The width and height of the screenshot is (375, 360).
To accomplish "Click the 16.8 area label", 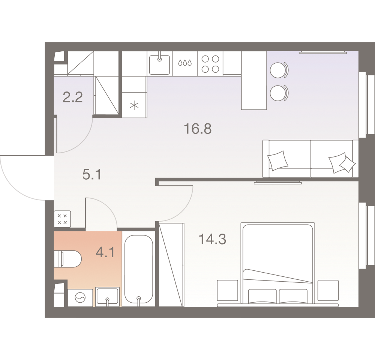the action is point(198,129).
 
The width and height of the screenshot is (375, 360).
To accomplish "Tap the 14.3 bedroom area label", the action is point(212,239).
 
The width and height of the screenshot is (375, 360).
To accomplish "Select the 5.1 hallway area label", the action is point(92,174).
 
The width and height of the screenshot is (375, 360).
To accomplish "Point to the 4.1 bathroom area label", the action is point(105,252).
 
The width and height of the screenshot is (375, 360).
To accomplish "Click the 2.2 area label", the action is point(73,97).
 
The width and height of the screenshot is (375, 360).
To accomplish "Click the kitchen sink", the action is point(159,64).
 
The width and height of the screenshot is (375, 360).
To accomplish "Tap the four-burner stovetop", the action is point(210,64).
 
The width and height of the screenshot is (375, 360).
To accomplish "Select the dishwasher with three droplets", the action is point(185,64).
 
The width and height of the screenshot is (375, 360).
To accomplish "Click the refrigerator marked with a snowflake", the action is point(134,105).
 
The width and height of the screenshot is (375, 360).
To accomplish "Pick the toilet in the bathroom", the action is point(68,259).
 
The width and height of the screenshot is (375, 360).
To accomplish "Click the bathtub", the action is point(139,269).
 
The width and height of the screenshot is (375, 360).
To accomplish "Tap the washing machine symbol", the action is point(80,298).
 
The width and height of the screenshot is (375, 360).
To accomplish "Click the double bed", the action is point(277,264).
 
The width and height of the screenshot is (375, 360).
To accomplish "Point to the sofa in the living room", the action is point(310,159).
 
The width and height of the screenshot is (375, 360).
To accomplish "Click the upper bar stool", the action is point(279,70).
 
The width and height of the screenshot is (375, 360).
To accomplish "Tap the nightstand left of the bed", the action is point(228,290).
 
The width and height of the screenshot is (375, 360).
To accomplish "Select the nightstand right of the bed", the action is point(328,290).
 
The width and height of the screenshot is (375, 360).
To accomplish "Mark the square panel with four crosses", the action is point(62,219).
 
